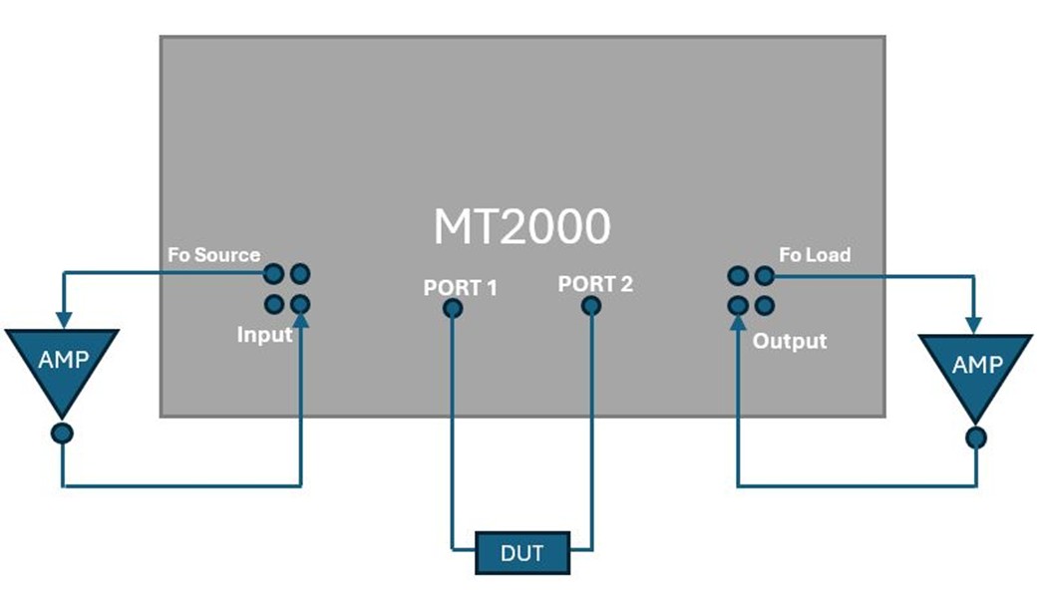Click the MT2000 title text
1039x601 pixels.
[x=521, y=227]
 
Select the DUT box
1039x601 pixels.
[x=522, y=552]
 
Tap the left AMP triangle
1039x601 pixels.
[x=62, y=365]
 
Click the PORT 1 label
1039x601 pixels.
[x=460, y=288]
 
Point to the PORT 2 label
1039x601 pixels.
[x=595, y=284]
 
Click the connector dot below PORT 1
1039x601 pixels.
[x=453, y=308]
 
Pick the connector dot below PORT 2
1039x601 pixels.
[x=591, y=306]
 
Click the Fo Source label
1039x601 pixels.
[x=214, y=255]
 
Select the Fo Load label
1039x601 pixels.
[x=815, y=255]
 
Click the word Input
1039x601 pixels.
[x=265, y=335]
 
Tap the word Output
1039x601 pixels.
[x=790, y=341]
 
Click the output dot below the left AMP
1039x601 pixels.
[x=62, y=434]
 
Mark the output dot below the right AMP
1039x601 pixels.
[x=976, y=437]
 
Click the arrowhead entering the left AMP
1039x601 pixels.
[x=62, y=321]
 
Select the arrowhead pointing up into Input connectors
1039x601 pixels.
[x=300, y=319]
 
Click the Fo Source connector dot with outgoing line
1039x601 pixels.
[x=273, y=273]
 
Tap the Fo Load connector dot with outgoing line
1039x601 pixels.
[x=764, y=275]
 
